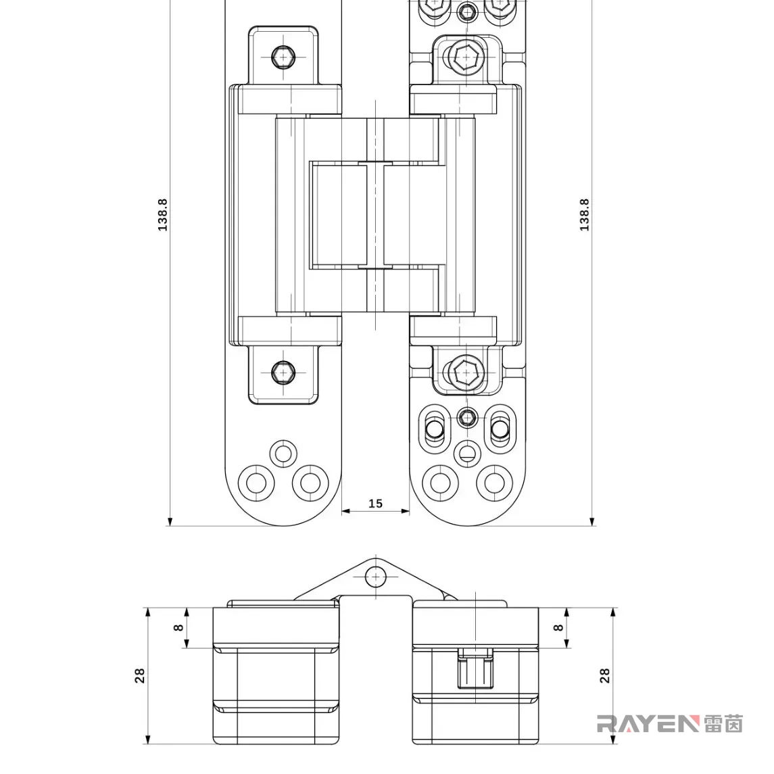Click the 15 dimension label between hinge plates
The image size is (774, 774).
pos(375,503)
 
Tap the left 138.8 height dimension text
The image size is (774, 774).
pos(162,215)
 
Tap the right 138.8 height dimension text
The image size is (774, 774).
pos(584,215)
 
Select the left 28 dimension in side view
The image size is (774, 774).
pos(140,675)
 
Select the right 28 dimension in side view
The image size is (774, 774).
pos(605,675)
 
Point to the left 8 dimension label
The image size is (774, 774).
pos(178,627)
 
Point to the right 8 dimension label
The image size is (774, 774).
pos(558,627)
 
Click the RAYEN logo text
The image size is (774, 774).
pos(648,724)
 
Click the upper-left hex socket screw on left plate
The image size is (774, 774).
pos(283,57)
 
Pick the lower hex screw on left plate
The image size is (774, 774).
pos(283,372)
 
